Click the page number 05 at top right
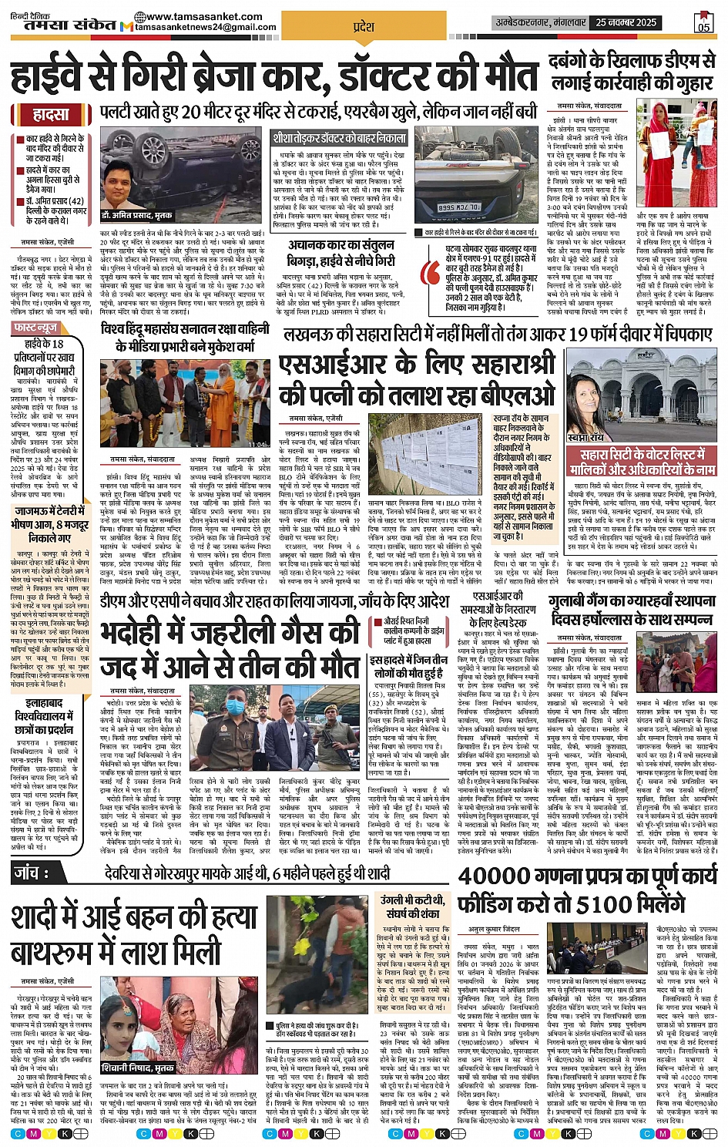tap(703, 23)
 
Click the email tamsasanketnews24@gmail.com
tap(205, 27)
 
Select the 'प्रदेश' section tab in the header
tap(363, 27)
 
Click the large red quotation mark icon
tap(431, 271)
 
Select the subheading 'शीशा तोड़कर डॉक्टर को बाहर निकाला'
tap(339, 138)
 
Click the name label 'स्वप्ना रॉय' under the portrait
tap(589, 437)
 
